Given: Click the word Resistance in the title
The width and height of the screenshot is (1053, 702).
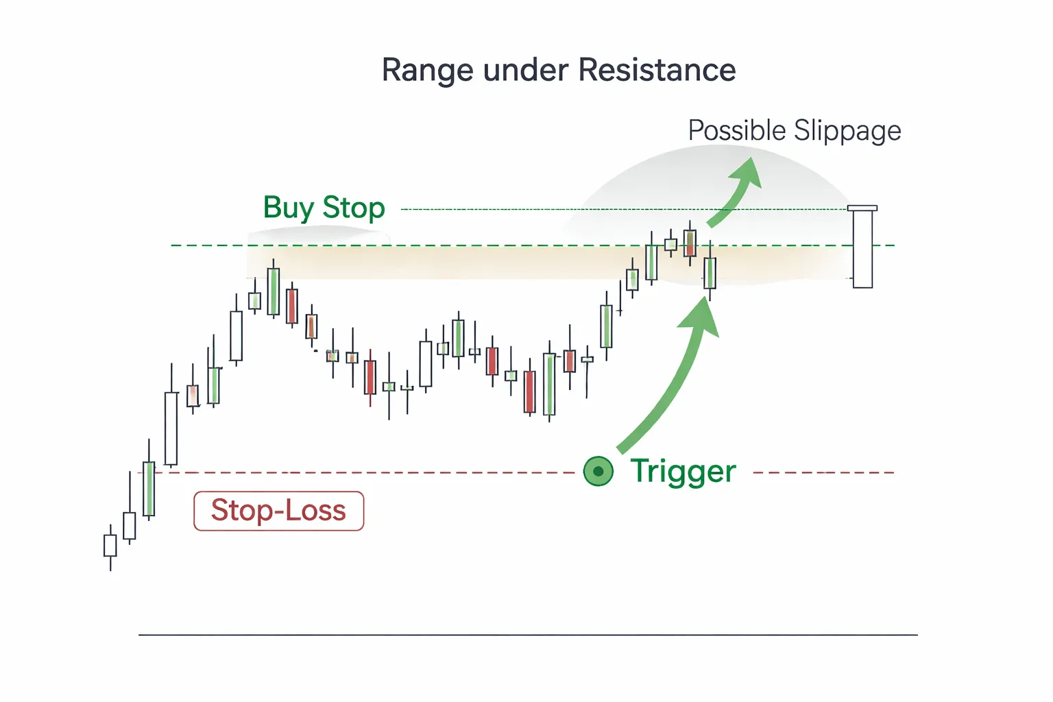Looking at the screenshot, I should click(x=657, y=70).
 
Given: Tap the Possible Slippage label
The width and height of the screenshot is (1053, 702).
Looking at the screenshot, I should click(x=794, y=130).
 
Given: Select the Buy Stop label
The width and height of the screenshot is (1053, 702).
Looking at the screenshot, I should click(x=324, y=208).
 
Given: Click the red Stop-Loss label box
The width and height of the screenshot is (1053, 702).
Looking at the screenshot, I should click(x=278, y=511).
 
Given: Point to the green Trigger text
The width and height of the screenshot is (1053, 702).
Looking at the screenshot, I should click(x=683, y=472).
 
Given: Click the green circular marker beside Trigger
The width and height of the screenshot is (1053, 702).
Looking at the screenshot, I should click(x=598, y=472).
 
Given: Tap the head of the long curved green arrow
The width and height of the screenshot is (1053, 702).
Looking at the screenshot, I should click(x=702, y=317).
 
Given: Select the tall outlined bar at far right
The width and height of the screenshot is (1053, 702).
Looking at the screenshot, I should click(x=862, y=248).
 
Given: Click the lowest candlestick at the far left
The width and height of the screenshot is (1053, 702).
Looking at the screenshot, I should click(x=110, y=546).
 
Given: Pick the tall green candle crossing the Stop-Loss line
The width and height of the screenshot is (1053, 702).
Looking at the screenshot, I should click(x=149, y=488).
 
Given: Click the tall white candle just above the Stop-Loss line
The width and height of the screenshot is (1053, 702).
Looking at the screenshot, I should click(x=171, y=428).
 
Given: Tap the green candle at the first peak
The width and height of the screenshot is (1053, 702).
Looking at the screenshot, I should click(x=273, y=291).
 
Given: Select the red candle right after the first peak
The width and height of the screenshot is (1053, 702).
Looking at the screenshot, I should click(x=292, y=306).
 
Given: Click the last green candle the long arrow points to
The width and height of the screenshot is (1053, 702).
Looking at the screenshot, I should click(x=710, y=273).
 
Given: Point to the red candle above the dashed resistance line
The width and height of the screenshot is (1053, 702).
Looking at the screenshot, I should click(x=690, y=243).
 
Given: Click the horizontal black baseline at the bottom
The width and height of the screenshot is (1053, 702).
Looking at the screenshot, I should click(x=528, y=635).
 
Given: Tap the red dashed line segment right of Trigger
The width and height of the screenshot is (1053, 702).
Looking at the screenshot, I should click(x=823, y=472).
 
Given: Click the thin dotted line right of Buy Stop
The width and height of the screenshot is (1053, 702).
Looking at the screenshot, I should click(x=617, y=209).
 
